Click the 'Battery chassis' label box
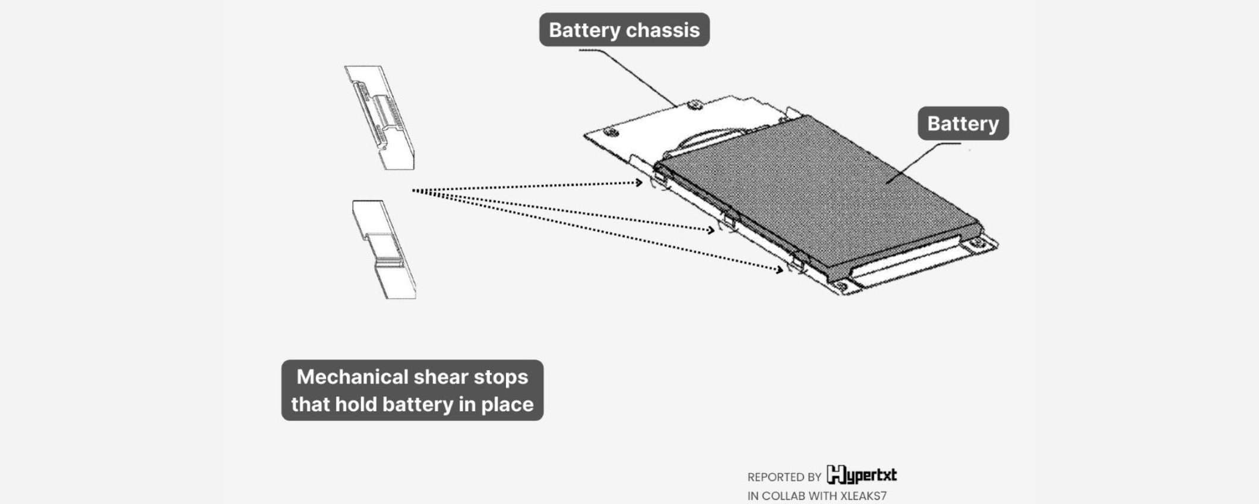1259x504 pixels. pos(624,30)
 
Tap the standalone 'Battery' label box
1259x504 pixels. pos(963,124)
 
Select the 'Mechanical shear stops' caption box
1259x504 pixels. pos(412,390)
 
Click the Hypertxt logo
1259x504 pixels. pos(862,475)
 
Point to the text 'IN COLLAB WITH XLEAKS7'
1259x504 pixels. pos(817,496)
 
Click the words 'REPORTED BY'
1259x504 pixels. pos(784,477)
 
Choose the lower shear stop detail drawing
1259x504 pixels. pos(385,250)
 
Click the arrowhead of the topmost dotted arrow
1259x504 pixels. pos(640,182)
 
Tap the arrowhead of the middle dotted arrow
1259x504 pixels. pos(711,230)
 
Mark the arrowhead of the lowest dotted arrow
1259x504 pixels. pos(780,270)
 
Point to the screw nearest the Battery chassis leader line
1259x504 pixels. pos(695,106)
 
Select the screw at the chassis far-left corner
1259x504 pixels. pos(610,132)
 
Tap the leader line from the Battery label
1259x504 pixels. pos(920,160)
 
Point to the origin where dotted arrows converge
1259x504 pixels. pos(414,191)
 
